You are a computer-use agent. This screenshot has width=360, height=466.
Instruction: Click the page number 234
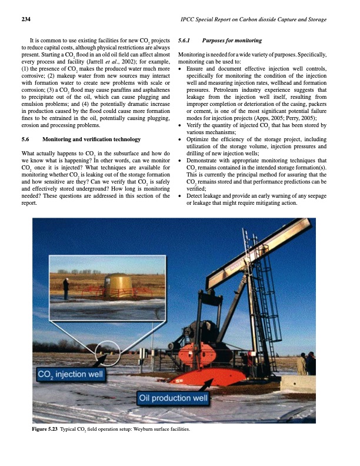26,20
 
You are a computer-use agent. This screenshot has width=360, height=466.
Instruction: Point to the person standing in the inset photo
66,288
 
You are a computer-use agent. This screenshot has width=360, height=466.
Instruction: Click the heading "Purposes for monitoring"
231,41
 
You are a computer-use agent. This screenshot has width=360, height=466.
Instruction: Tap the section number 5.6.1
185,41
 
